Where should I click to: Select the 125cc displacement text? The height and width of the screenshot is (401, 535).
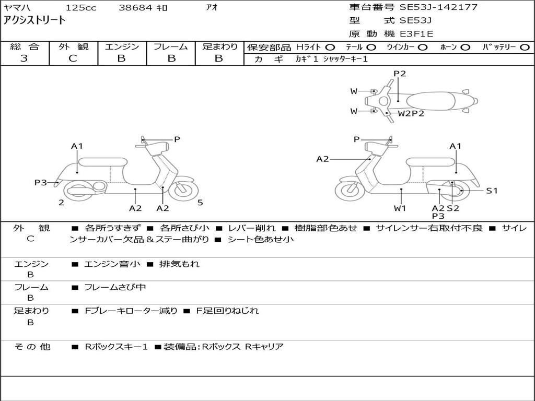coord(79,8)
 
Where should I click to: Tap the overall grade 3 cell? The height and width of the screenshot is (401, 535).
coord(25,58)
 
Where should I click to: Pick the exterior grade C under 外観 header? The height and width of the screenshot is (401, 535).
coord(73,58)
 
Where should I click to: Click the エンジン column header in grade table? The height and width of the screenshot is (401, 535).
coord(122,46)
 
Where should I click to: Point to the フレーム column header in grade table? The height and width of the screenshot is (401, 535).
coord(171,46)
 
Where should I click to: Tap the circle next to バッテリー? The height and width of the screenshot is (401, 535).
coord(525,47)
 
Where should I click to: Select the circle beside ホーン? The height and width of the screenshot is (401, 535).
coord(466,47)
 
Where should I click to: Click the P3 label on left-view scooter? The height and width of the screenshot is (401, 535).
coord(41,183)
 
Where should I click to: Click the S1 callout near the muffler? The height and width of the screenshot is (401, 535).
coord(492,191)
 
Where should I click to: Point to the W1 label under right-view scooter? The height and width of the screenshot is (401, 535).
coord(400,208)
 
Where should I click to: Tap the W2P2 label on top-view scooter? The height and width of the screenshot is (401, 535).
coord(411,113)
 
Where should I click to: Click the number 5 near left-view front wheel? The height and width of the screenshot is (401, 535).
coord(200,203)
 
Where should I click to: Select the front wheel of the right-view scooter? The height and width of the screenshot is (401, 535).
coord(350,191)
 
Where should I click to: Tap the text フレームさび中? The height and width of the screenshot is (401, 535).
coord(115,287)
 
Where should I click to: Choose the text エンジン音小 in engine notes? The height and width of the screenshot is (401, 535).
coord(112,264)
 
